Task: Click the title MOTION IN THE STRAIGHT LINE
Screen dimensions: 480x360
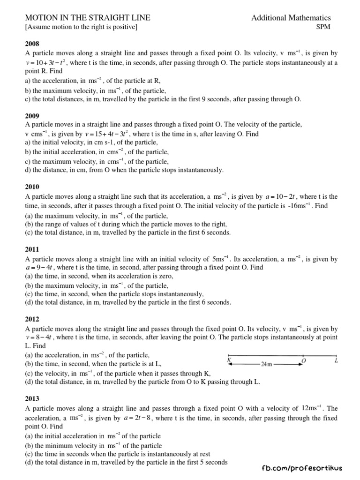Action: pos(88,18)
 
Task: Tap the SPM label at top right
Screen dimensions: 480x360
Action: pos(323,27)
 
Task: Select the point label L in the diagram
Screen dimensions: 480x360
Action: pos(336,360)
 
